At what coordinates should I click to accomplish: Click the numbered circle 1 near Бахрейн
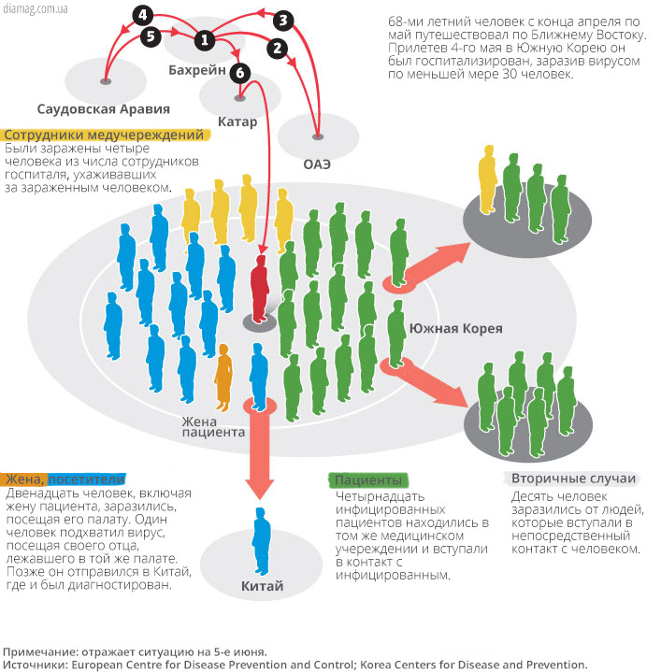point(205,40)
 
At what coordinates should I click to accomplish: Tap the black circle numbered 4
point(143,16)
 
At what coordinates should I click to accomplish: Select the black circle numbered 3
point(283,21)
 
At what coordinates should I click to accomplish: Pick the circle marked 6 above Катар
point(240,72)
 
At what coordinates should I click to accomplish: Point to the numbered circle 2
point(277,48)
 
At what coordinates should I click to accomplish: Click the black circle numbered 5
point(151,36)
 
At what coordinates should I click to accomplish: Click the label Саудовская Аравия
point(103,108)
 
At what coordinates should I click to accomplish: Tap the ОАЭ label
point(317,164)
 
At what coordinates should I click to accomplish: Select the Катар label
point(237,122)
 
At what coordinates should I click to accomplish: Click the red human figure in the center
point(259,290)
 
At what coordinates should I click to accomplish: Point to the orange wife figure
point(223,378)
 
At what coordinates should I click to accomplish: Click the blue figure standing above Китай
point(262,541)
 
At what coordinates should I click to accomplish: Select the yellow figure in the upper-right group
point(487,179)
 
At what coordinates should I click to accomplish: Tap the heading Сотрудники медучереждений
point(104,135)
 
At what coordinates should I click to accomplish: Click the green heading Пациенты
point(368,480)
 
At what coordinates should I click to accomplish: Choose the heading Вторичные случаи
point(573,479)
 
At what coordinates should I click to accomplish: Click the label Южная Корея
point(456,329)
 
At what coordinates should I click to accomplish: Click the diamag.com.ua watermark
point(36,8)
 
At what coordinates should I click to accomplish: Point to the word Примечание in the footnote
point(40,652)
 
